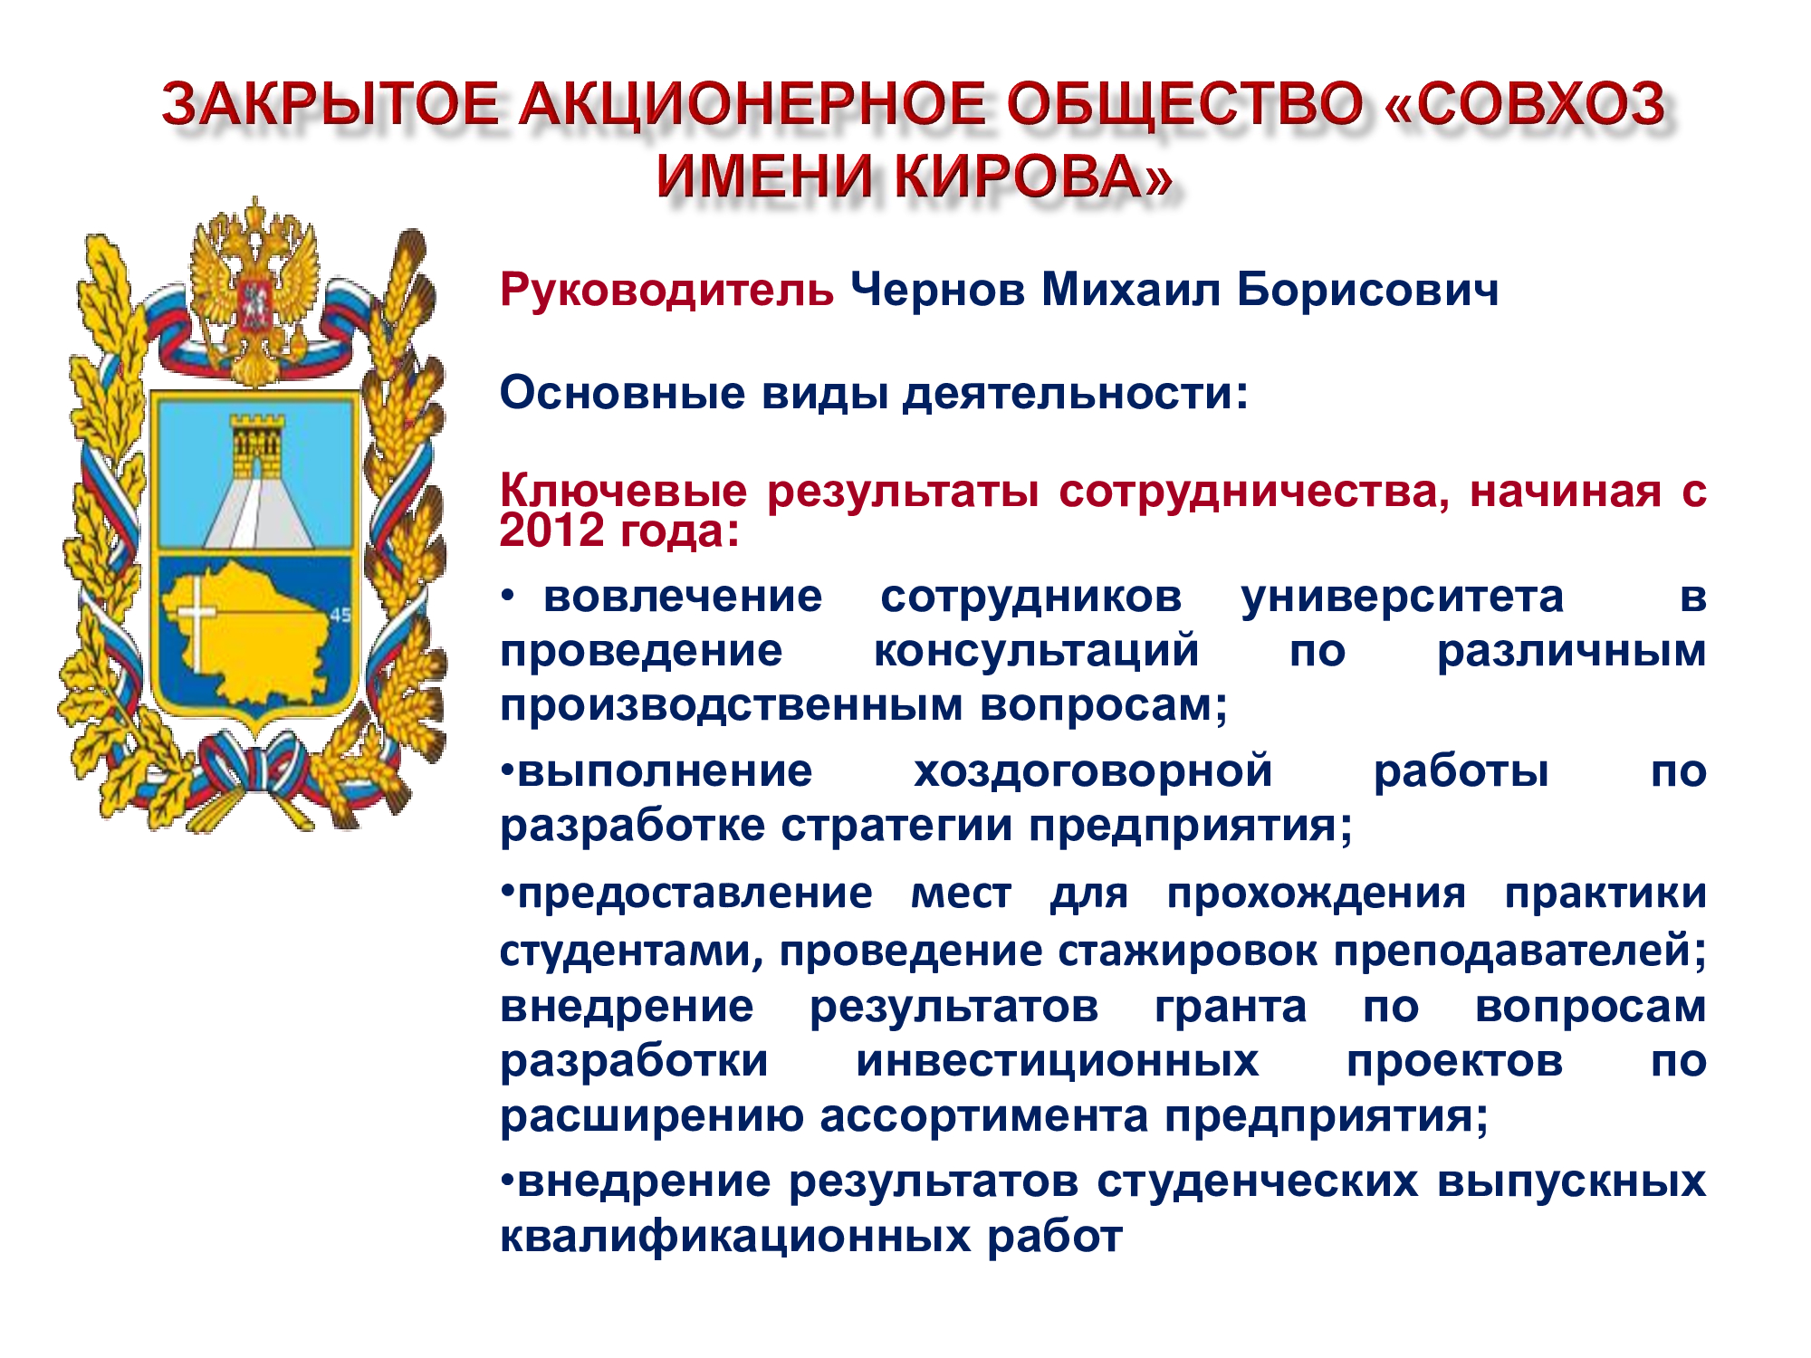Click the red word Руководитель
[666, 292]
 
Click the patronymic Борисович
[1367, 292]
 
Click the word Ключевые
[624, 492]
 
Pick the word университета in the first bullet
[1402, 598]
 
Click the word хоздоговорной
[1093, 772]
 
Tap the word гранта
[1231, 1008]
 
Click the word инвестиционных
[1058, 1061]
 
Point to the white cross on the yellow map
[196, 625]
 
